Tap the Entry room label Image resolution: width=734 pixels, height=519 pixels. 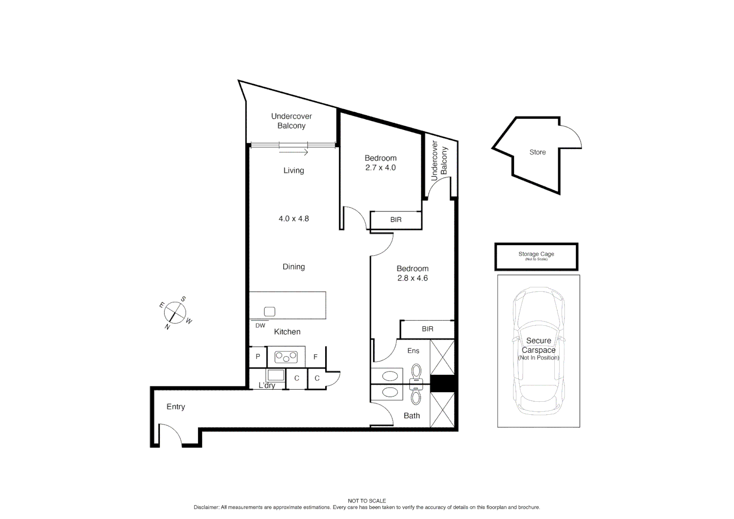(x=175, y=407)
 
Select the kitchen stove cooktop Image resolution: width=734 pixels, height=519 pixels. (x=286, y=357)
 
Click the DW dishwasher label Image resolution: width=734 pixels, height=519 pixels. (x=260, y=326)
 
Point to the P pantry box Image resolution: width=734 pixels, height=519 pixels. (x=258, y=357)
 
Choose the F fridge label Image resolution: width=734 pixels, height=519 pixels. (x=316, y=357)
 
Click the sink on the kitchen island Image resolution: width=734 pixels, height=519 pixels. (x=269, y=311)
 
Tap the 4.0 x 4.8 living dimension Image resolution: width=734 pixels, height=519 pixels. (x=294, y=219)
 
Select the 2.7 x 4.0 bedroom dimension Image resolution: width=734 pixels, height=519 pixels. (x=380, y=168)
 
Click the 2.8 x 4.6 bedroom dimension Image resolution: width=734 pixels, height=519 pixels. (x=412, y=278)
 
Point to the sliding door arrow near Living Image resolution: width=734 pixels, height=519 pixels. (x=293, y=152)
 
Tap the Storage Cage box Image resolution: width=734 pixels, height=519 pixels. (x=536, y=257)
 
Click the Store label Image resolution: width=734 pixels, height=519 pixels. (x=537, y=152)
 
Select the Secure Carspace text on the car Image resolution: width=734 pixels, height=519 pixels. (x=538, y=346)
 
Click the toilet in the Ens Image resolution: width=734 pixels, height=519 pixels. (x=416, y=371)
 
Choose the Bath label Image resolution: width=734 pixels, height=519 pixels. (x=412, y=416)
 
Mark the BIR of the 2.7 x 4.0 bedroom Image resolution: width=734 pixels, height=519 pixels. (x=396, y=220)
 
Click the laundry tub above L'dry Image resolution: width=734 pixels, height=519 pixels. (x=276, y=375)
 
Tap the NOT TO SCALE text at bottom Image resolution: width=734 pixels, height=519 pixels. (x=367, y=501)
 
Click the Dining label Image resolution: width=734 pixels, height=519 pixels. (x=294, y=267)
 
